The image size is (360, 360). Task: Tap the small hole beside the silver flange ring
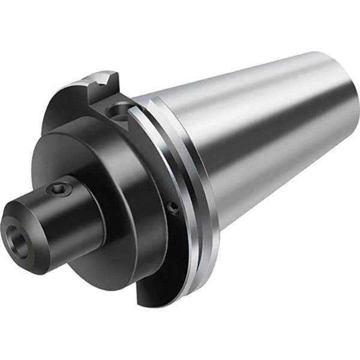coord(173,208)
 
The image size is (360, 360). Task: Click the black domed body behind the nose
coord(120,198)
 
